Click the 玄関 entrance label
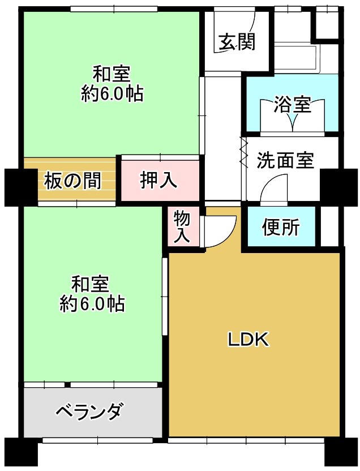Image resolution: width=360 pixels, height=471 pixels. click(x=237, y=42)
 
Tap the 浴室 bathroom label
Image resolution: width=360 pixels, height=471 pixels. click(x=292, y=104)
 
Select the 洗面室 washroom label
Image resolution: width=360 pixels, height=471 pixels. click(x=285, y=160)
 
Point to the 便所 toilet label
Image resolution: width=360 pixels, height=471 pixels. click(x=281, y=227)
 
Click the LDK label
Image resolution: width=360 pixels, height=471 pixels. click(x=248, y=340)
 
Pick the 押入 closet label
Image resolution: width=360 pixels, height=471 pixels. click(x=158, y=181)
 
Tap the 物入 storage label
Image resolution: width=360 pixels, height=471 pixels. click(x=182, y=226)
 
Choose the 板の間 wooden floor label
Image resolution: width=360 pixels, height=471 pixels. click(x=72, y=181)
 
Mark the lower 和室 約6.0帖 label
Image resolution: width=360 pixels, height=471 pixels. click(x=91, y=293)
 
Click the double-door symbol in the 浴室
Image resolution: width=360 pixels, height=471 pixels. click(x=292, y=115)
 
